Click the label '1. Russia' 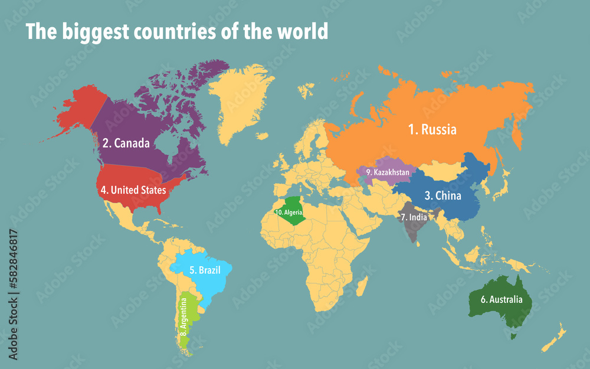tap(432, 129)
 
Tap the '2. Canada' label tap(126, 143)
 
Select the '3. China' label tap(442, 195)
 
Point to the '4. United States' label tap(133, 190)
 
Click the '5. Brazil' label tap(201, 270)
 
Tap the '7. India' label tap(414, 217)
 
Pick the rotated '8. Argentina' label tap(184, 321)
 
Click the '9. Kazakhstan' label tap(387, 172)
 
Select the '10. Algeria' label tap(289, 211)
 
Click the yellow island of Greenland tap(239, 100)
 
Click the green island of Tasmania tap(513, 335)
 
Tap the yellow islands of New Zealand tap(555, 338)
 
